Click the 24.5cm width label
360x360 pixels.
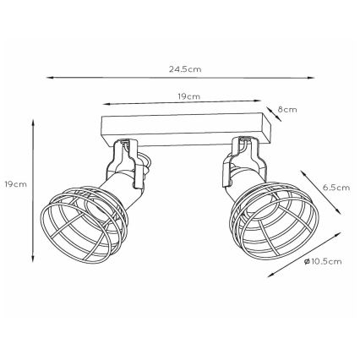[185, 69]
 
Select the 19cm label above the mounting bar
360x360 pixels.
[189, 96]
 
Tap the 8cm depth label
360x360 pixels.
[287, 110]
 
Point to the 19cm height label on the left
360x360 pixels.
[16, 184]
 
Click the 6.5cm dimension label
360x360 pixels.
[336, 188]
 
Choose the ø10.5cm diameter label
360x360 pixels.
[323, 262]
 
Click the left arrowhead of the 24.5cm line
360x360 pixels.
[50, 77]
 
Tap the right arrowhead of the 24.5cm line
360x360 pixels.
[311, 78]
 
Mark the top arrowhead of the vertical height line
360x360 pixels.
[33, 123]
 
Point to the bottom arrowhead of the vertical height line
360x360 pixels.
[33, 259]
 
